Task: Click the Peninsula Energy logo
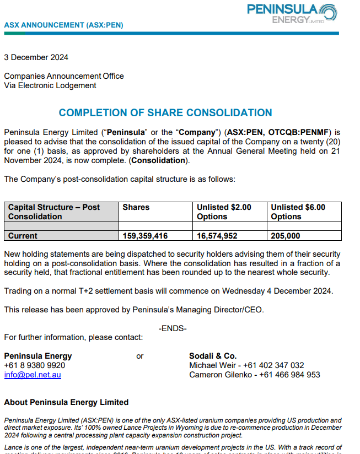click(x=292, y=13)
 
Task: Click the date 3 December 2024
click(x=36, y=57)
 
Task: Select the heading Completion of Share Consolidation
click(x=165, y=113)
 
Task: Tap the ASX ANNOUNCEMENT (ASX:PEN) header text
click(x=63, y=25)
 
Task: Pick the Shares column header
click(x=136, y=207)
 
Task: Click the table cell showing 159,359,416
click(x=145, y=236)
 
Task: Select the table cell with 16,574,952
click(x=217, y=236)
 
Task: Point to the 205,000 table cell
click(x=286, y=236)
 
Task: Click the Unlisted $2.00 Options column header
click(x=224, y=212)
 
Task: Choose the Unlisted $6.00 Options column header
click(x=298, y=212)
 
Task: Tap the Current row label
click(x=23, y=236)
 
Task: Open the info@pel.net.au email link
click(x=33, y=375)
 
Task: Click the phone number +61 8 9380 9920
click(x=34, y=365)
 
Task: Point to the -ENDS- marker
click(x=173, y=328)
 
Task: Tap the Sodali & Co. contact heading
click(x=213, y=356)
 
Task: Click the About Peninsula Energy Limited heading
click(x=66, y=402)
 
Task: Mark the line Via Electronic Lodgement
click(x=50, y=85)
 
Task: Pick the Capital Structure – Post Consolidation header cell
click(x=54, y=212)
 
